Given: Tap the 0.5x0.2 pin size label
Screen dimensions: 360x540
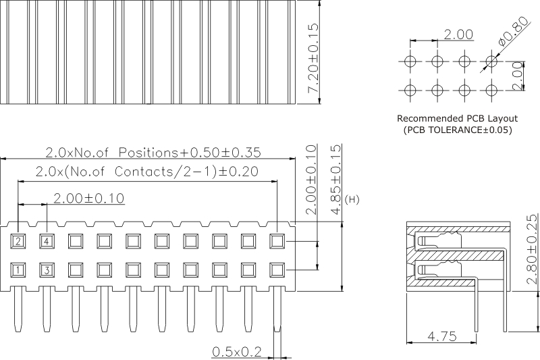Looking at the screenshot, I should [236, 351].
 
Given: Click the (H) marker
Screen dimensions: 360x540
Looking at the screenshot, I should [352, 200].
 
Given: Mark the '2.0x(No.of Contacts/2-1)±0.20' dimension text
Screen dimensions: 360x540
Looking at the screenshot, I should [146, 171].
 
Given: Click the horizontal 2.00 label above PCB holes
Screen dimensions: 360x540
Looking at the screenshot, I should [459, 34].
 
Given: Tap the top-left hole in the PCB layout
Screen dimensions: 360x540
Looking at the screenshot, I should [409, 61].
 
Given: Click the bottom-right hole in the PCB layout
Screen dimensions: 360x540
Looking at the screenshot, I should [491, 89].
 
